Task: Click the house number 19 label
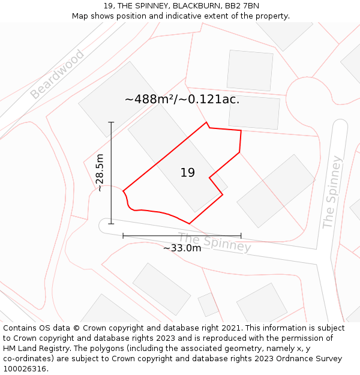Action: pyautogui.click(x=187, y=173)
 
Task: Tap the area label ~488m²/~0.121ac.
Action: pyautogui.click(x=182, y=100)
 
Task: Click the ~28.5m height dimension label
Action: pyautogui.click(x=100, y=173)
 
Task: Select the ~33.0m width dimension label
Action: pyautogui.click(x=182, y=248)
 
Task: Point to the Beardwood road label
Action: pyautogui.click(x=57, y=74)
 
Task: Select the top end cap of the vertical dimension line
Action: pyautogui.click(x=111, y=122)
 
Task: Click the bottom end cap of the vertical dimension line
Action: pyautogui.click(x=111, y=224)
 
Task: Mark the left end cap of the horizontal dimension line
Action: pyautogui.click(x=123, y=236)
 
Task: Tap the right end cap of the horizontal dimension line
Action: pyautogui.click(x=241, y=236)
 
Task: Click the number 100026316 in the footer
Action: pyautogui.click(x=25, y=369)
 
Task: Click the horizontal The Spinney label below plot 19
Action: pyautogui.click(x=214, y=242)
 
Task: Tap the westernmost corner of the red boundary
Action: pyautogui.click(x=123, y=191)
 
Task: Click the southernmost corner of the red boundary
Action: pyautogui.click(x=189, y=224)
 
